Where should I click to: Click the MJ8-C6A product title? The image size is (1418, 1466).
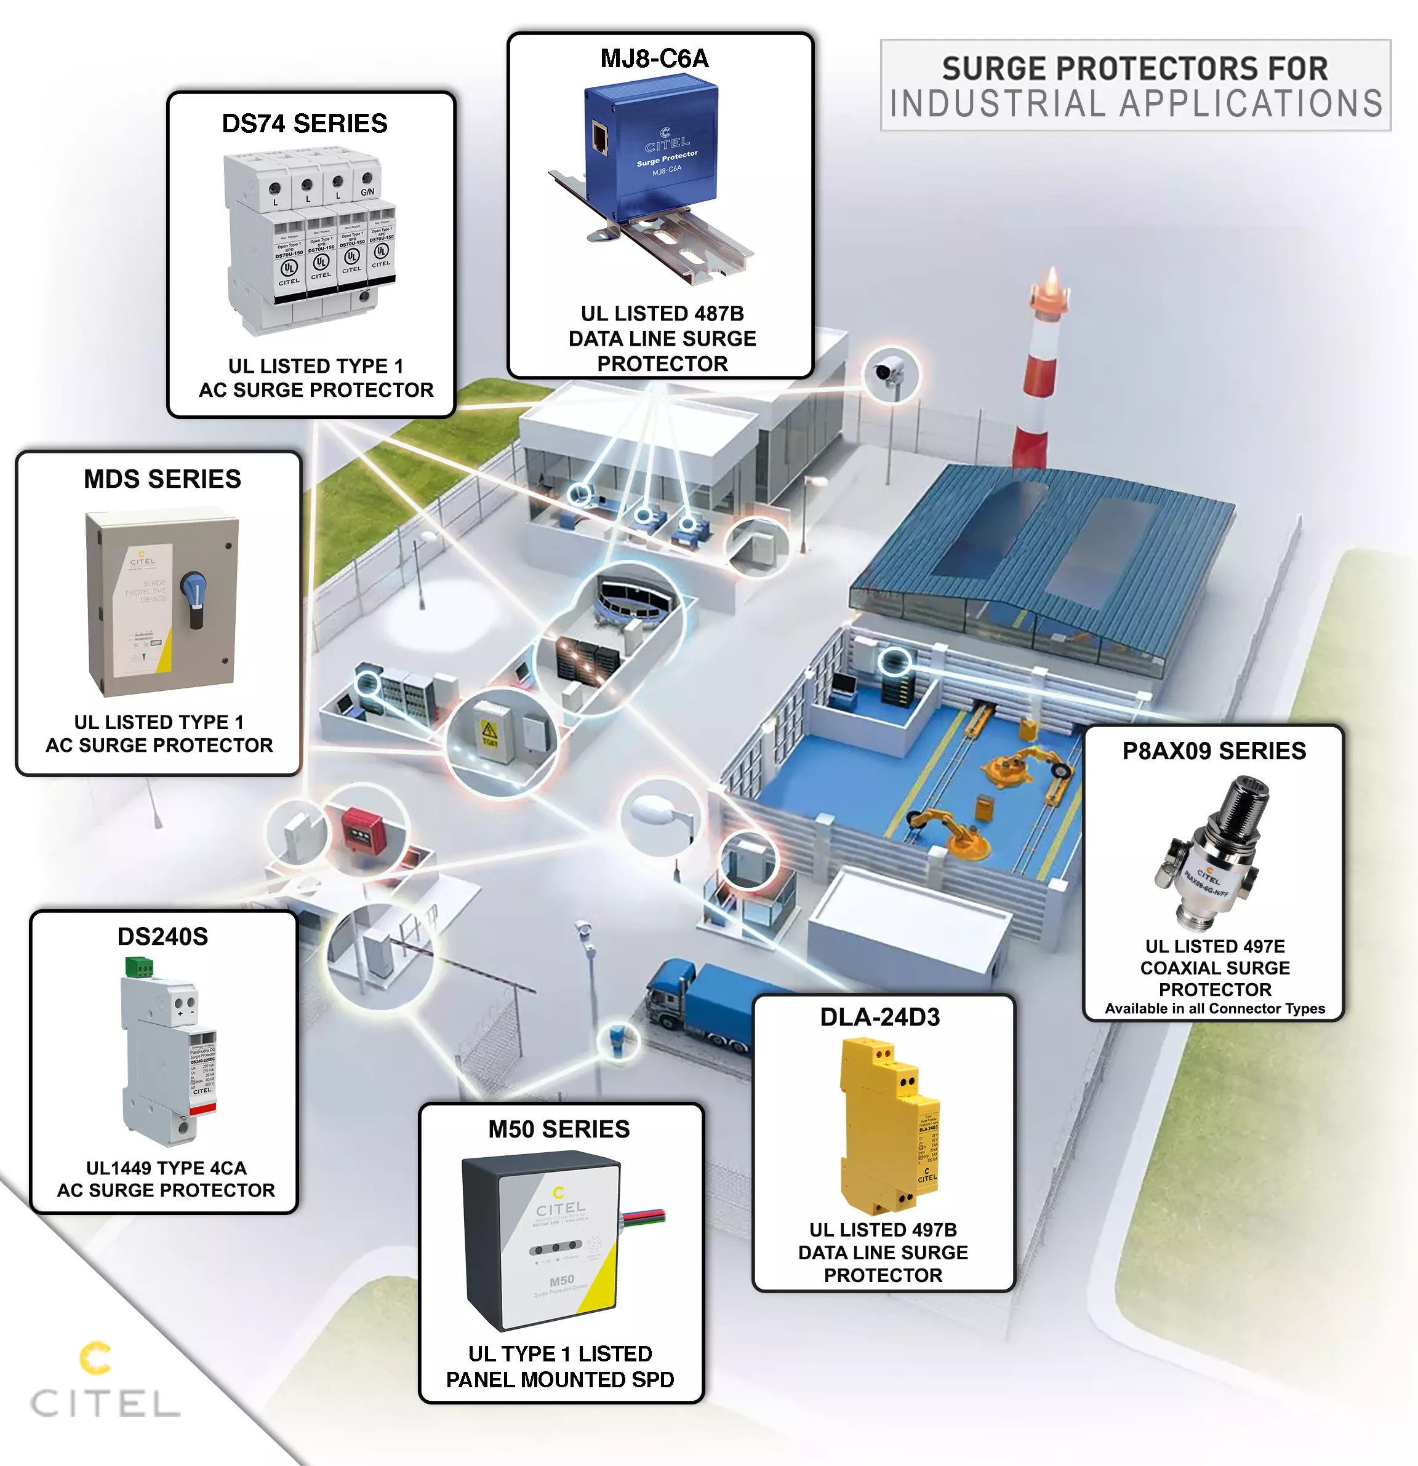pos(654,58)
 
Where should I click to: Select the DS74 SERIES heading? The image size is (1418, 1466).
pos(305,124)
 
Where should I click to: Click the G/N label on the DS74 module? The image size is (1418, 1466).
pos(367,192)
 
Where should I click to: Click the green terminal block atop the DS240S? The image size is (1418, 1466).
pos(138,967)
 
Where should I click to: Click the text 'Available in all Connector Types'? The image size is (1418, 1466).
pos(1214,1008)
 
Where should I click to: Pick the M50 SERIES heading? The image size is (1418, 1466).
pos(559,1129)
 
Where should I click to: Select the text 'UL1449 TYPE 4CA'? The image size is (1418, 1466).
pos(166,1168)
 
